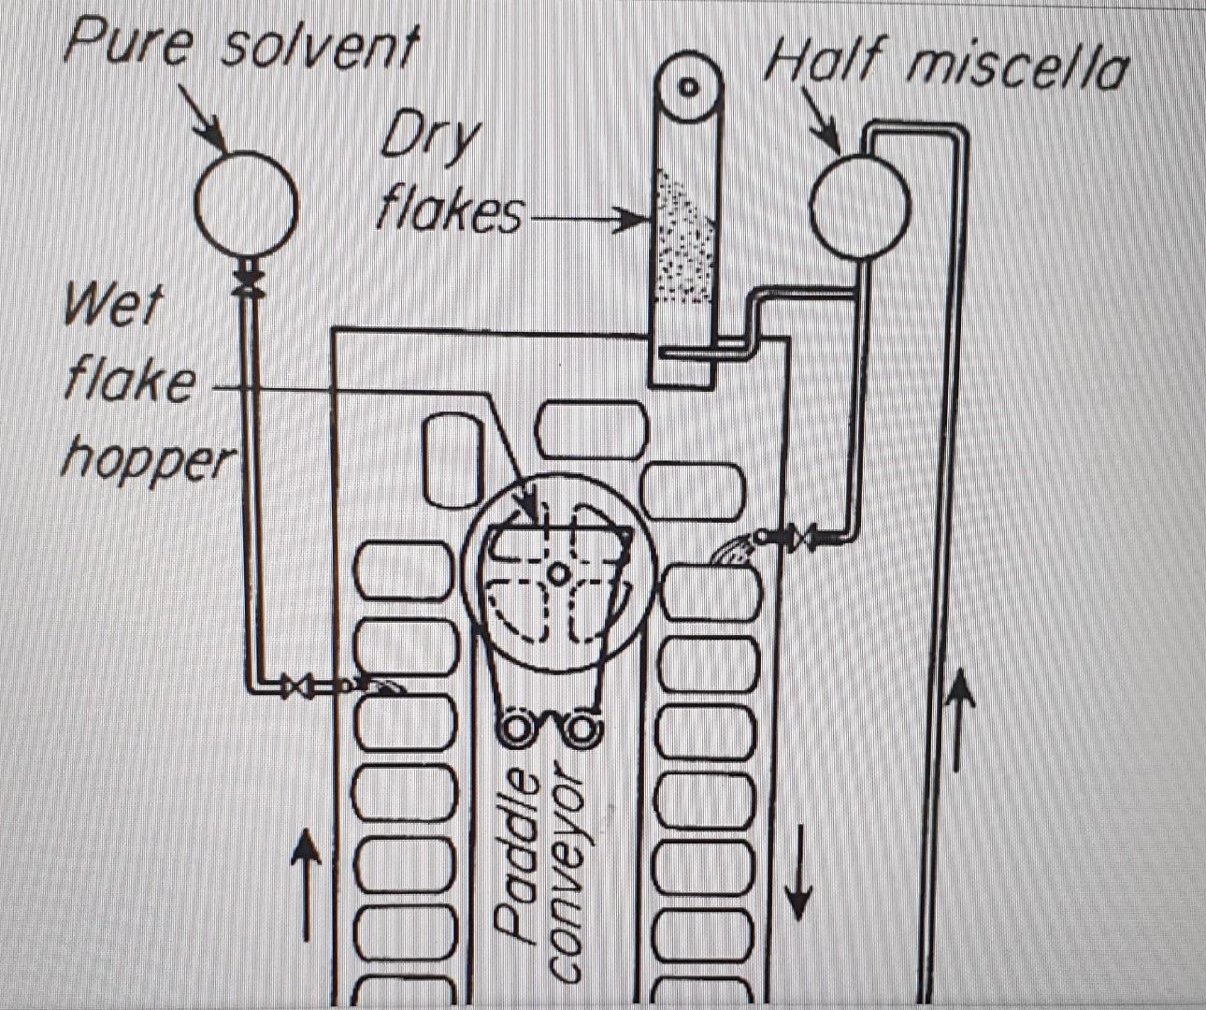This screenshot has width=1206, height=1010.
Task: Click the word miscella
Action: tap(1018, 66)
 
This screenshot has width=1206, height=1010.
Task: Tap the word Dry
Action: tap(430, 140)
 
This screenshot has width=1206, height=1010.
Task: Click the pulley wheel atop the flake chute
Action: tap(689, 88)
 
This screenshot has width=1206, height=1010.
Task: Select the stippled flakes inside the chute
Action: tap(684, 238)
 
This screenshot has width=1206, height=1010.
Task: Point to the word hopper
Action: tap(150, 459)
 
